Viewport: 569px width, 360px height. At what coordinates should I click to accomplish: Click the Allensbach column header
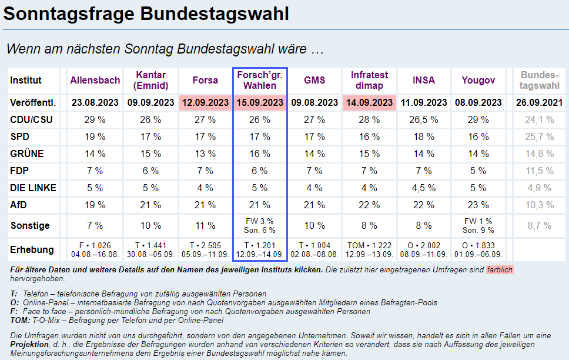tap(95, 81)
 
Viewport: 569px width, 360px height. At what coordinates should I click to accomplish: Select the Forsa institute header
tap(205, 81)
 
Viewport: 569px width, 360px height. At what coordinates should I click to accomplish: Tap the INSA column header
tap(424, 81)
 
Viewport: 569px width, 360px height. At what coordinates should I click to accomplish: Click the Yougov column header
tap(477, 81)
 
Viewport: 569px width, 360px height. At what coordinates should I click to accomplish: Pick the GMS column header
tap(314, 81)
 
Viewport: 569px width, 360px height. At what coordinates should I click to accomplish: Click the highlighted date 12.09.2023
tap(205, 102)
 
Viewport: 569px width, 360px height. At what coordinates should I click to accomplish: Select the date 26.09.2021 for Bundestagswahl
tap(540, 102)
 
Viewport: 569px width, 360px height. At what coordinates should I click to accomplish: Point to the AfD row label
tap(19, 205)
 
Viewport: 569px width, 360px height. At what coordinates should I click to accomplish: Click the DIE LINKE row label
tap(34, 188)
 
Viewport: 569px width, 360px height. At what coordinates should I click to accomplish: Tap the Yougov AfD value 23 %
tap(477, 205)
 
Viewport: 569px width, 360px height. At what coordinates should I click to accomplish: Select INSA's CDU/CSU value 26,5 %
tap(424, 120)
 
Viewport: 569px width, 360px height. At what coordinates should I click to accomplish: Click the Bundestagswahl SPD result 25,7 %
tap(540, 137)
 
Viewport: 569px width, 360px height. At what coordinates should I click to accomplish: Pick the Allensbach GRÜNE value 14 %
tap(95, 154)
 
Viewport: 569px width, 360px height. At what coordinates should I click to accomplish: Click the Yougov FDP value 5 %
tap(477, 171)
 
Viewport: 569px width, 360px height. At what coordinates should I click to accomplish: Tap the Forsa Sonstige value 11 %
tap(205, 225)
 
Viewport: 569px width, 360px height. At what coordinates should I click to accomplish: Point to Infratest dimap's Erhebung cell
tap(370, 249)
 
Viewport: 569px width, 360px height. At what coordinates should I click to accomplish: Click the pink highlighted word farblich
tap(500, 269)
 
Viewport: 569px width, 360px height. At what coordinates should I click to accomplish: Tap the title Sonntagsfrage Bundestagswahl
tap(146, 14)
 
